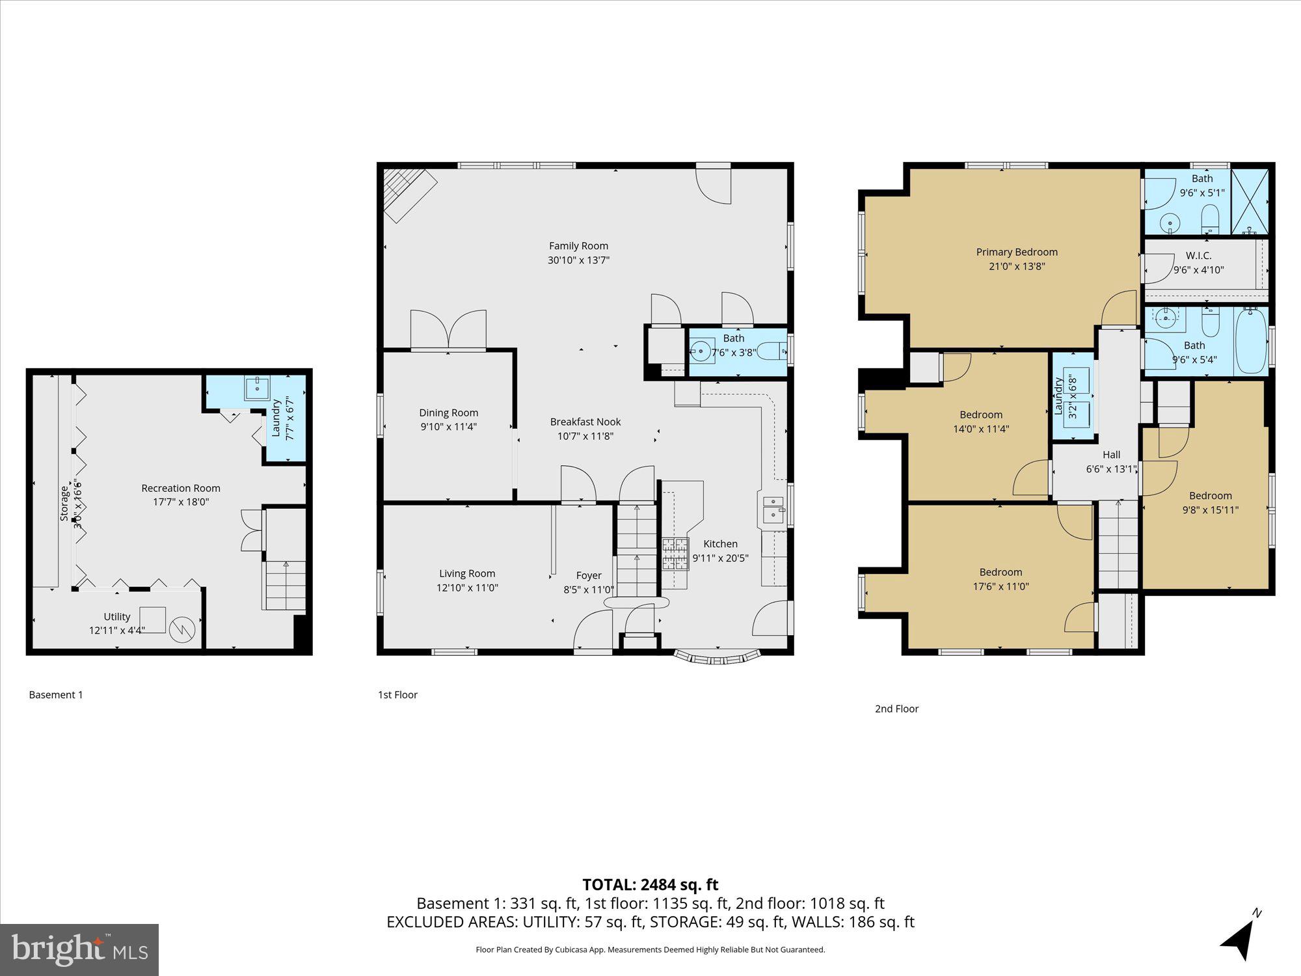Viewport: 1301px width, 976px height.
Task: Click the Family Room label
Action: pos(578,246)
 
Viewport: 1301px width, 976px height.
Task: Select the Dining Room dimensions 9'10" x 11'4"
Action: pos(448,427)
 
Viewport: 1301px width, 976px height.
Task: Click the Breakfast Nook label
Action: pos(585,422)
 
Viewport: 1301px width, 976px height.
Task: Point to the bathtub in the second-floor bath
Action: pos(1250,342)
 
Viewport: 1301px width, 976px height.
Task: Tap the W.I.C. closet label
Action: pos(1198,256)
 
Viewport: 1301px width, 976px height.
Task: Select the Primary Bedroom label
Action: pos(1016,252)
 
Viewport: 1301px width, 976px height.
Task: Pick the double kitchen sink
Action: pos(773,508)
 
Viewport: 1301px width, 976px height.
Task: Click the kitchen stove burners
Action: pos(675,554)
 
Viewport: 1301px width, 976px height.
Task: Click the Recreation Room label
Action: pos(181,488)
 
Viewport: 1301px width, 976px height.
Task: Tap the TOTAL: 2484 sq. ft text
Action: pos(650,884)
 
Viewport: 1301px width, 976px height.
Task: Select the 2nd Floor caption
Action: pos(896,709)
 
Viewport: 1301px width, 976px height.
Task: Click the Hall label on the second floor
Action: pos(1111,455)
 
